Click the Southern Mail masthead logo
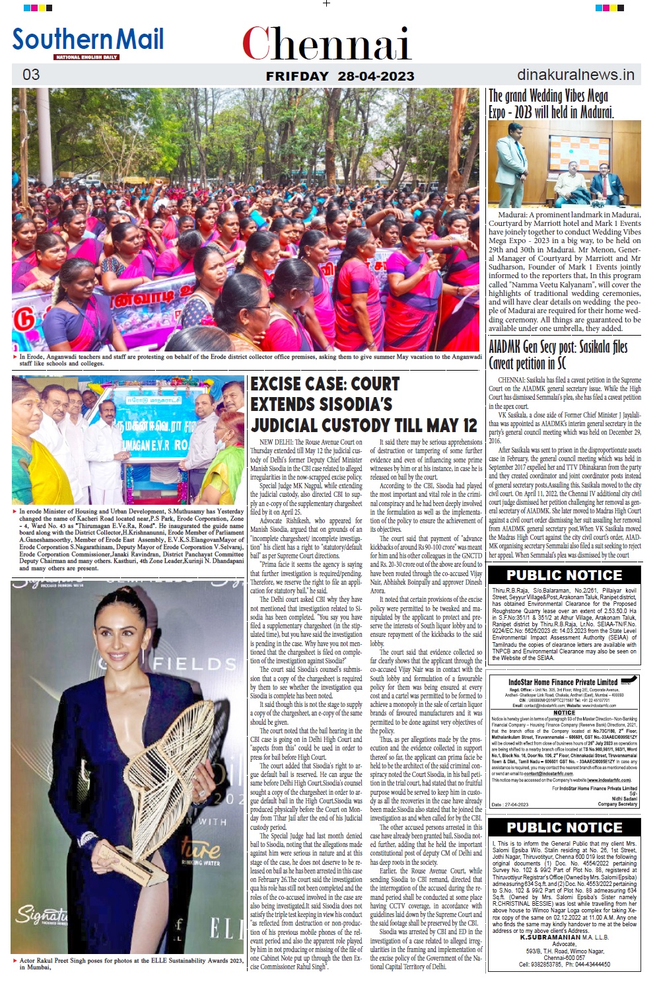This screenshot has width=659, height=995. (88, 41)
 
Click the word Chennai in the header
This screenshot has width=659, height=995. (326, 44)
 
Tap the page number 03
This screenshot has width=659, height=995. (31, 75)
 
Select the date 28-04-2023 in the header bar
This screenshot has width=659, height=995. (376, 76)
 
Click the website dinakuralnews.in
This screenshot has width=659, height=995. (575, 75)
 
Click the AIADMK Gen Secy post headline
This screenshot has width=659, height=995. (557, 355)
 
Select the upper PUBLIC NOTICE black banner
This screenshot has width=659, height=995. (564, 575)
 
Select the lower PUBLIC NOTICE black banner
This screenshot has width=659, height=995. (564, 827)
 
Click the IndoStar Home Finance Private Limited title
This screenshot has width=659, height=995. (563, 682)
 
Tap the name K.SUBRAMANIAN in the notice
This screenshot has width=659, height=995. (550, 937)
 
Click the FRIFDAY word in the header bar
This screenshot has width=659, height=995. (296, 76)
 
